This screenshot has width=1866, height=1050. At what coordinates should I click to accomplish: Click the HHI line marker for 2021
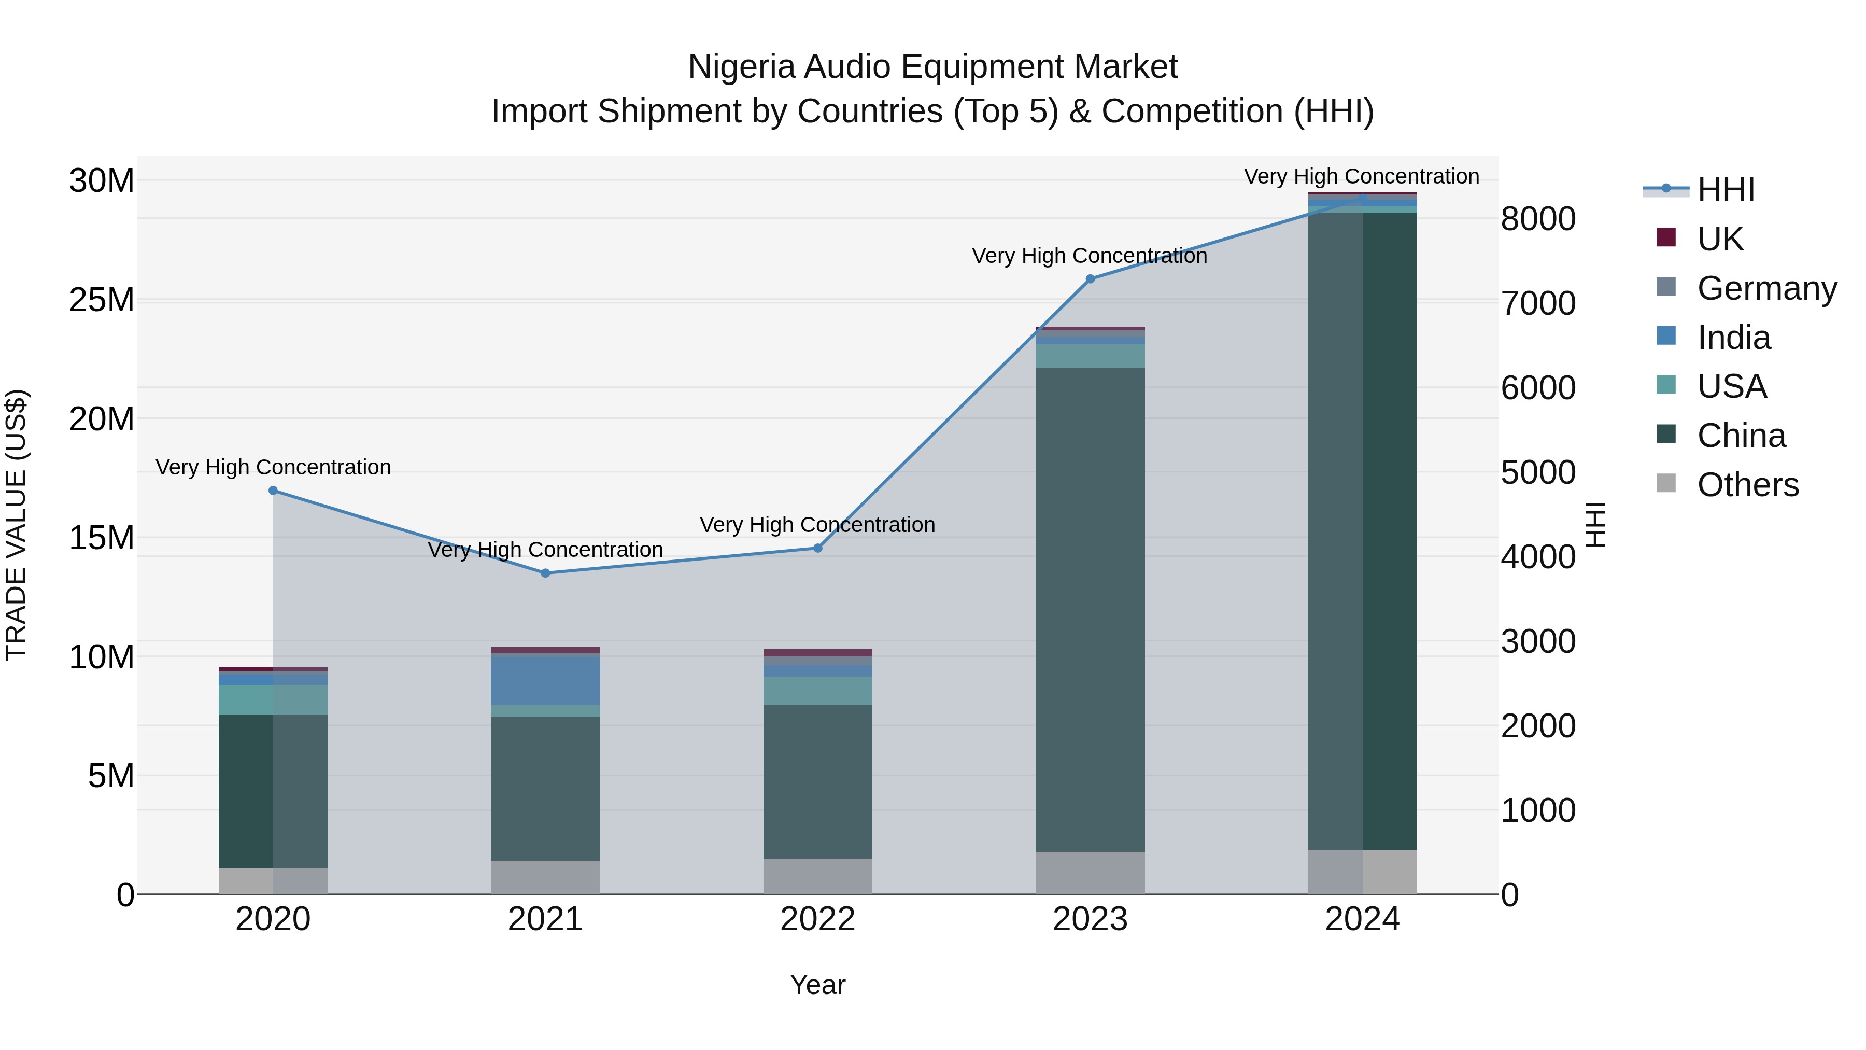pyautogui.click(x=545, y=573)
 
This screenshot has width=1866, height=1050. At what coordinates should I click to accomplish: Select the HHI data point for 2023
pyautogui.click(x=1090, y=279)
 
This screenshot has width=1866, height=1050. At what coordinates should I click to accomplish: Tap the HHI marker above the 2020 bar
pyautogui.click(x=273, y=491)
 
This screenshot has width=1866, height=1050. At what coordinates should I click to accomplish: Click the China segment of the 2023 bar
pyautogui.click(x=1090, y=609)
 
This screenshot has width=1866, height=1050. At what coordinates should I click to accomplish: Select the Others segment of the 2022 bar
pyautogui.click(x=818, y=876)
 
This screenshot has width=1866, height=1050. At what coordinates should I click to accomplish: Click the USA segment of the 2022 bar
pyautogui.click(x=818, y=691)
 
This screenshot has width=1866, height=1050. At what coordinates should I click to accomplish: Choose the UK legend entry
pyautogui.click(x=1720, y=239)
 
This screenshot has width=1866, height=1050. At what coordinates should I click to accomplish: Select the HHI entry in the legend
pyautogui.click(x=1726, y=190)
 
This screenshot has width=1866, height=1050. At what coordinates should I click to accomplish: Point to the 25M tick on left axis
pyautogui.click(x=102, y=300)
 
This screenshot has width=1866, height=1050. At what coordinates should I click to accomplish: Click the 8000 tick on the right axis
pyautogui.click(x=1538, y=219)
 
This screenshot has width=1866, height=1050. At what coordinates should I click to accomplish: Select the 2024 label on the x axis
pyautogui.click(x=1362, y=919)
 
